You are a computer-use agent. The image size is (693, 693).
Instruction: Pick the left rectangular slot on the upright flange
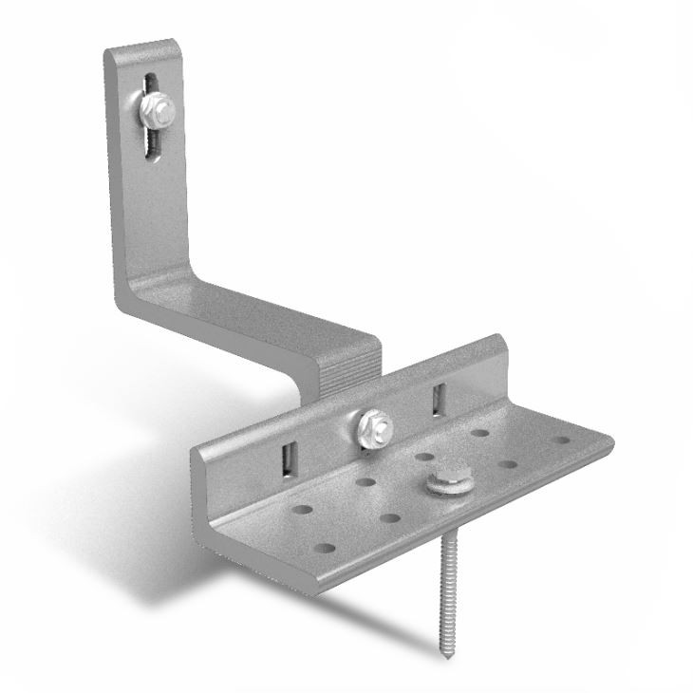286,459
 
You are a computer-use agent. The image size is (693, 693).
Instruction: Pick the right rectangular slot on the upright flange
437,399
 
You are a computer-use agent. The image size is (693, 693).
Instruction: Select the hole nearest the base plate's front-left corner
325,549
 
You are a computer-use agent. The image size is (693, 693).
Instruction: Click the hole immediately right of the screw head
507,465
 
